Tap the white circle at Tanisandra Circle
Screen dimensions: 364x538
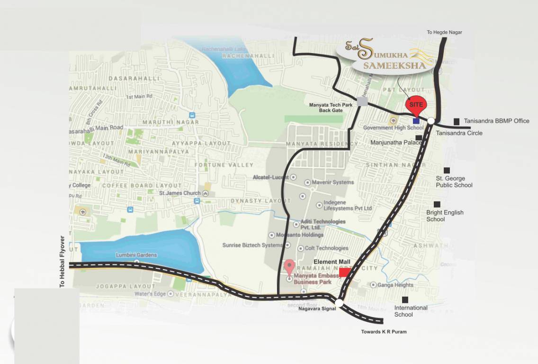(431, 121)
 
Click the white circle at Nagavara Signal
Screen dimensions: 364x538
(339, 302)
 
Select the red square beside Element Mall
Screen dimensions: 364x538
(344, 273)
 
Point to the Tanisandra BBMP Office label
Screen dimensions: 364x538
(496, 121)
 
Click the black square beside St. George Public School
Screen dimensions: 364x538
(446, 170)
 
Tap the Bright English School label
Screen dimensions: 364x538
(445, 216)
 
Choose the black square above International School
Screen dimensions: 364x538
(405, 300)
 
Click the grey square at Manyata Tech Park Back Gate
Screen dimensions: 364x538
(362, 101)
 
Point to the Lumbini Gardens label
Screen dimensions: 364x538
(136, 255)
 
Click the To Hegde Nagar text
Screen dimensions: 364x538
(444, 32)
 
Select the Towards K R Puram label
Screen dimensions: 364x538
(384, 332)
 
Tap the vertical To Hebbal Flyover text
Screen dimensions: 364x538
(62, 262)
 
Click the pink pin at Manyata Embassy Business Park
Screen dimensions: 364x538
(289, 267)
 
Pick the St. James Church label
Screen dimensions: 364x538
(180, 193)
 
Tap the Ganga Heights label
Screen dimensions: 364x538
(395, 285)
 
